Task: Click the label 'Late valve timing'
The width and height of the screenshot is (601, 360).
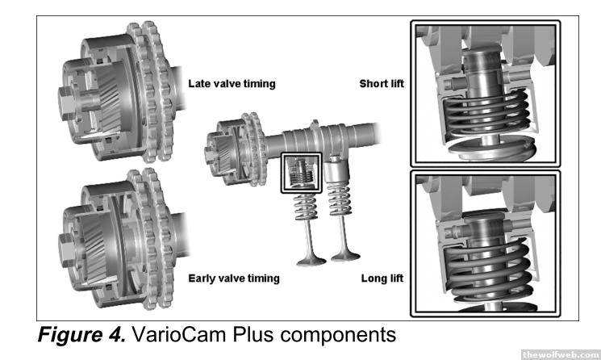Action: click(232, 84)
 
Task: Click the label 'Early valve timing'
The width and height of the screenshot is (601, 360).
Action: click(234, 278)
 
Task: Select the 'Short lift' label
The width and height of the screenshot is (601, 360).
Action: click(382, 84)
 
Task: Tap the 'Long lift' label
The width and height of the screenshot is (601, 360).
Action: click(382, 278)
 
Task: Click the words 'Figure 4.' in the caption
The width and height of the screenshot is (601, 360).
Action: click(81, 334)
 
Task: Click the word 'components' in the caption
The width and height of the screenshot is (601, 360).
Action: click(338, 336)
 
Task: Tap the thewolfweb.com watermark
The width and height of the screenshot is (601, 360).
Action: click(560, 354)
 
